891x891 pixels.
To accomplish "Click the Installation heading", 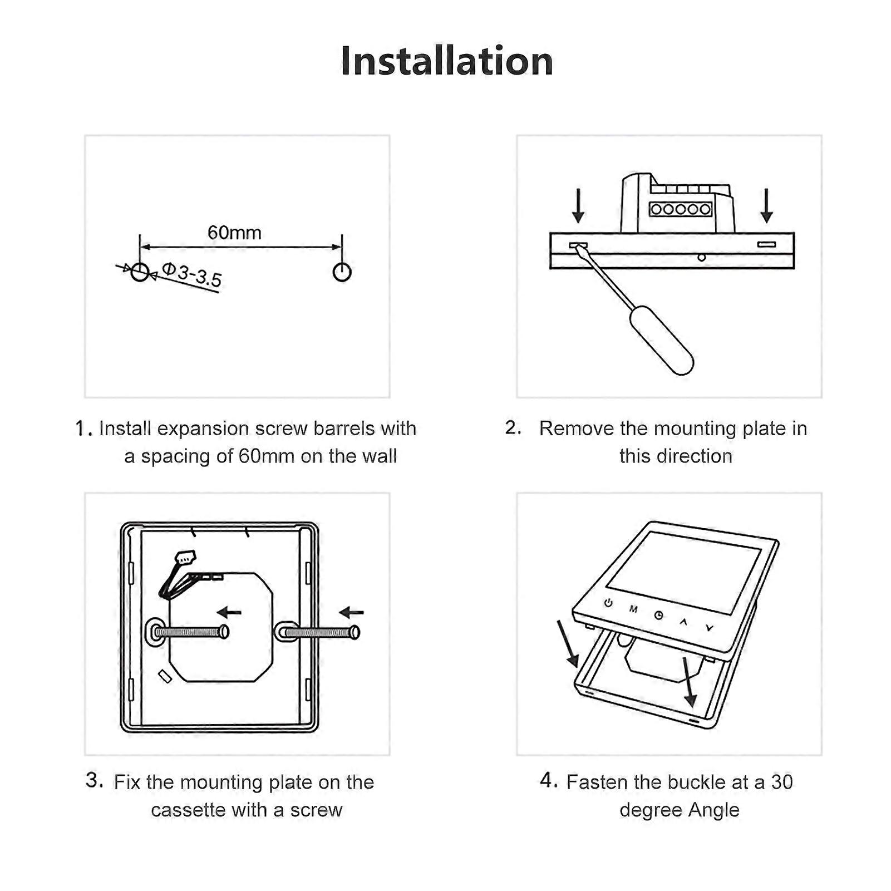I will point(446,61).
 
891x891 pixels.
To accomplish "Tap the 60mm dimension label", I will point(234,232).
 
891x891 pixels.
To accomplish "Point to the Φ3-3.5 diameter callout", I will point(192,275).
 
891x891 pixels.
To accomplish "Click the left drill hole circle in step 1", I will point(140,272).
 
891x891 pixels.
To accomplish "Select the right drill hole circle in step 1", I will point(342,272).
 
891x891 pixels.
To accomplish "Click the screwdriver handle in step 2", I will point(661,339).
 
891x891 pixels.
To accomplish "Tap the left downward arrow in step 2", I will point(578,205).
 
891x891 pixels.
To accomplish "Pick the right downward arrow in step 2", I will point(766,205).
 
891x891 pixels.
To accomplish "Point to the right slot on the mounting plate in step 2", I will point(766,244).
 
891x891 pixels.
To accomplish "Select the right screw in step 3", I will point(320,632).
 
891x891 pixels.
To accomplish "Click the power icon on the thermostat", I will point(608,603).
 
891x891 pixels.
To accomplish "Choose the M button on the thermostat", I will point(633,609).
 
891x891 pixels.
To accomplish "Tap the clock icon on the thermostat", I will point(658,615).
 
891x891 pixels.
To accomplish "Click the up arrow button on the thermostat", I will point(684,622).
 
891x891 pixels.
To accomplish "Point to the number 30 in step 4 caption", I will point(781,782).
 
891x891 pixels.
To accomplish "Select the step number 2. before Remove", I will point(513,427).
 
